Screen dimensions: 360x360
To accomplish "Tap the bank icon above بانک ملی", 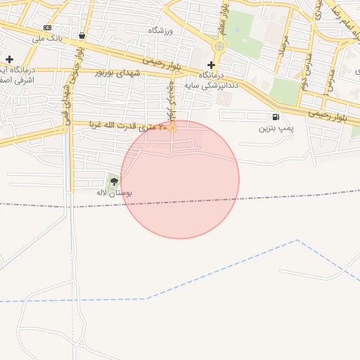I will tap(47, 27).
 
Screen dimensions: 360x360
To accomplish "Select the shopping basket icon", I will tap(82, 35).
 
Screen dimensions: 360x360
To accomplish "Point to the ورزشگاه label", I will tap(160, 32).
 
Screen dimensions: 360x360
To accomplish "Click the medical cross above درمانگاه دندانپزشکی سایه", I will tap(211, 65).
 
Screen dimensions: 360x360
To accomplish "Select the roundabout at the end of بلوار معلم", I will tap(219, 46).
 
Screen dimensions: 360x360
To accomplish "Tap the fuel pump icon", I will tap(274, 117).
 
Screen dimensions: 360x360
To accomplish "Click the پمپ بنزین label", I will tap(276, 129).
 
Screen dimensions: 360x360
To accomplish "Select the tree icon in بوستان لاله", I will tap(114, 181).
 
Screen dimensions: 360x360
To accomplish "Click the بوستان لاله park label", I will tap(114, 192).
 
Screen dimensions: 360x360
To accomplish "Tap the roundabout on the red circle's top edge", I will tap(172, 127).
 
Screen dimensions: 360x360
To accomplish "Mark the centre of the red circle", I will tap(180, 179).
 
